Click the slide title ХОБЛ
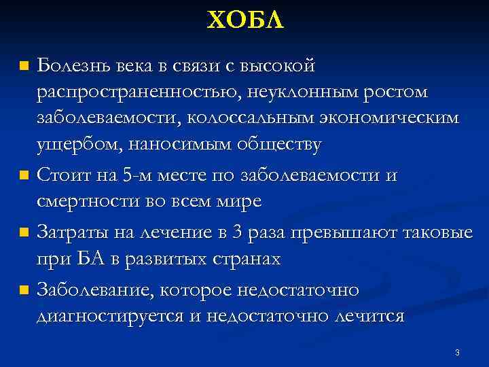244,21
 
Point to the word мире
238,202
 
